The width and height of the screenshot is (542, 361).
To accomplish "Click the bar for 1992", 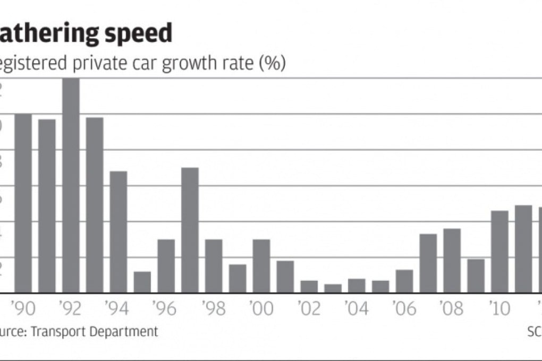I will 71,186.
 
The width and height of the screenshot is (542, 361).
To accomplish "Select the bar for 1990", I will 23,203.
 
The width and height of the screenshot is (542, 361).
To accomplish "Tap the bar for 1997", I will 190,230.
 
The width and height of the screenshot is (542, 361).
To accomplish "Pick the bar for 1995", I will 142,282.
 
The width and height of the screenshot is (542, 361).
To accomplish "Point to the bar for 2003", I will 333,288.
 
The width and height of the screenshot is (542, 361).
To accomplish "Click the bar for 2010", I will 499,252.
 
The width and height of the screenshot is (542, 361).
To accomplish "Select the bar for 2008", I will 452,261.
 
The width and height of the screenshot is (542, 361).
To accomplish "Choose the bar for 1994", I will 118,232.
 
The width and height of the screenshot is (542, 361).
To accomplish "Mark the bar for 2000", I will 261,266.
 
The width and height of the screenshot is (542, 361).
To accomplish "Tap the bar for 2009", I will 476,276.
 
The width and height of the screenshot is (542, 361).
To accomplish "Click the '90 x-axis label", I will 23,308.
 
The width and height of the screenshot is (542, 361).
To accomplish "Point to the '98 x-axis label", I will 214,308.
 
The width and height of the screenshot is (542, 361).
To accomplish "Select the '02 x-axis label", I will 309,308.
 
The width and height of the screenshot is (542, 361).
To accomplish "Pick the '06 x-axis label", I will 404,308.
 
